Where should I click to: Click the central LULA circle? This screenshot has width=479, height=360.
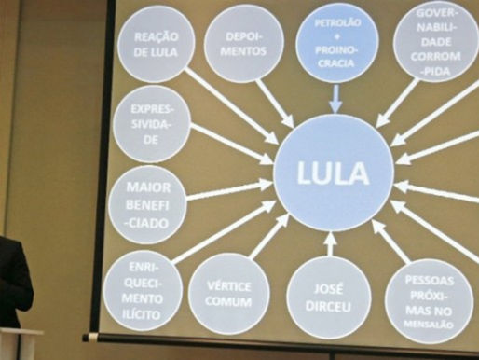coord(333,174)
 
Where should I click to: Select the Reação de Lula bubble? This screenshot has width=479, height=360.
coord(157,43)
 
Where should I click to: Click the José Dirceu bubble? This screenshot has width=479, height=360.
coord(328,297)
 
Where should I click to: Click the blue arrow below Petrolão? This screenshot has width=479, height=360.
coord(335,98)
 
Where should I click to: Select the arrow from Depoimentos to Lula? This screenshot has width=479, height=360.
coord(275,102)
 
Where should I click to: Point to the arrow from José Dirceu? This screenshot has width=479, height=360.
coord(329,244)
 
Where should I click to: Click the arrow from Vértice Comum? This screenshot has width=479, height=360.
coord(270,235)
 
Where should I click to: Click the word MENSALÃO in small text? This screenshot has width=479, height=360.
coord(430,324)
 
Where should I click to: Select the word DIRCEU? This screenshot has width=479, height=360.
coord(328,307)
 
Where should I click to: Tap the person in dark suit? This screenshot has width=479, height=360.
coord(13,280)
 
